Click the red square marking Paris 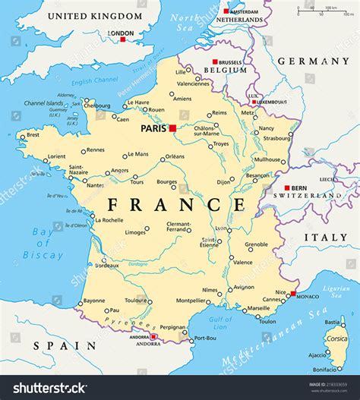pos(173,128)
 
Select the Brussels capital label pos(232,61)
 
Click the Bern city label pos(300,187)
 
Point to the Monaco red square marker pos(293,293)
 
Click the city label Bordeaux pos(104,266)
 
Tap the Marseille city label pos(257,308)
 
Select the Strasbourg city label pos(276,138)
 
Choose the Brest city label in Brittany pos(32,135)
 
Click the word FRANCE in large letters pos(176,205)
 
